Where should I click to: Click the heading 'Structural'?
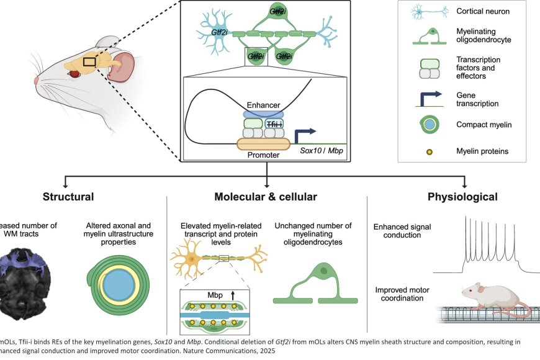pos(68,197)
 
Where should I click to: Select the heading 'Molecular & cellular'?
pos(266,197)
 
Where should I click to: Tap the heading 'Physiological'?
pos(462,197)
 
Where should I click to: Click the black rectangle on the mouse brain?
pos(89,61)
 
